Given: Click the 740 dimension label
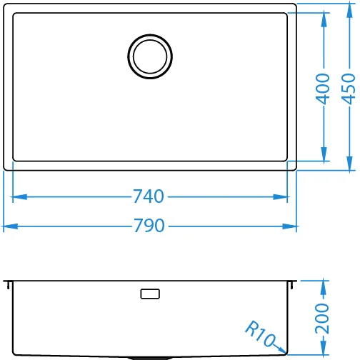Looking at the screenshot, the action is point(149,196).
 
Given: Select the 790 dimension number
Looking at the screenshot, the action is point(149,226).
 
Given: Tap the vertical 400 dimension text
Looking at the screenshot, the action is point(323,89).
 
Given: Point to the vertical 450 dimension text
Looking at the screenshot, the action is point(349,89).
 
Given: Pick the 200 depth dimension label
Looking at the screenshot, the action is point(322,319).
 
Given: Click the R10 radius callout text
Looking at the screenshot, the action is point(260,333).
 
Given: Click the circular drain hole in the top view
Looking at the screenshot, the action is point(150,56).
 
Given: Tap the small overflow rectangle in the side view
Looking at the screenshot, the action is point(150,294).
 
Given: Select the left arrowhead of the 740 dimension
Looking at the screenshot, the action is point(19,197).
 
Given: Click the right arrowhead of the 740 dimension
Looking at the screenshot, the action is point(280,197).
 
